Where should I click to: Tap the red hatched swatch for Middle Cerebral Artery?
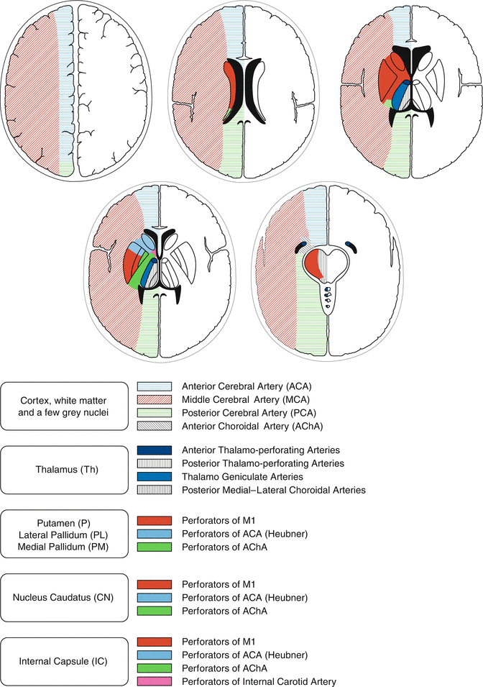click(155, 399)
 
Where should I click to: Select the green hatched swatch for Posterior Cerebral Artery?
click(155, 412)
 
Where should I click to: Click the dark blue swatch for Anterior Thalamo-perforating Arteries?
click(155, 450)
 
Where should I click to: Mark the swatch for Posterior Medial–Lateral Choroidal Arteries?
click(155, 490)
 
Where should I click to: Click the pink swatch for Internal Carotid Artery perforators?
click(155, 681)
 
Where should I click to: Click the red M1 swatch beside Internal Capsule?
click(155, 641)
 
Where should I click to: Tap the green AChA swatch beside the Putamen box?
click(155, 547)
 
